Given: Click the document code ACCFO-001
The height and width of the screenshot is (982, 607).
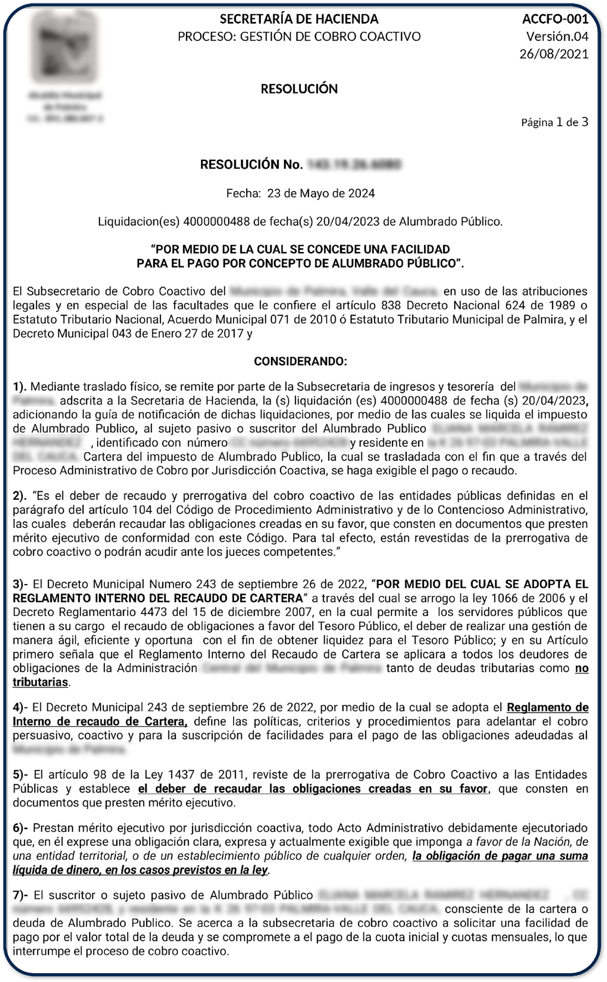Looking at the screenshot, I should (555, 20).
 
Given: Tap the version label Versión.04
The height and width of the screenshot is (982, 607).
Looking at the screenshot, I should (557, 37).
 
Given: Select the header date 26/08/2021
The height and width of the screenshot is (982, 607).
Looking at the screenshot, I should (554, 53).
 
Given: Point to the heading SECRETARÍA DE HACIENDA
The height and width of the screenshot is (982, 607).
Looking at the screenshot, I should (299, 19).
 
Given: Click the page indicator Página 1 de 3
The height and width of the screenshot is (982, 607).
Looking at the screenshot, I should (554, 122).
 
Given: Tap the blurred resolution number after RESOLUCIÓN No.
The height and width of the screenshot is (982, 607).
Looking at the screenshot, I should (354, 164).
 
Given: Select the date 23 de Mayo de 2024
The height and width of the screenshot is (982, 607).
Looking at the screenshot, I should (321, 193).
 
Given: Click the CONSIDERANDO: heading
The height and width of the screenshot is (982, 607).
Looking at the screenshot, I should (300, 361).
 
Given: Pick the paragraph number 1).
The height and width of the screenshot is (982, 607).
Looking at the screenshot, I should (20, 387).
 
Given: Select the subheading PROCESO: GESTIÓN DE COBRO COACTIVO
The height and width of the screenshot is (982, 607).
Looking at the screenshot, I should (299, 37).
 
